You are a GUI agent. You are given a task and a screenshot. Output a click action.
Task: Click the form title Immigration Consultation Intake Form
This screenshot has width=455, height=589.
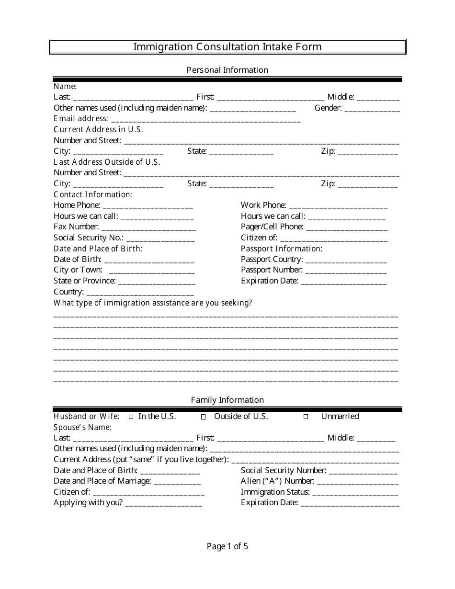coord(227,46)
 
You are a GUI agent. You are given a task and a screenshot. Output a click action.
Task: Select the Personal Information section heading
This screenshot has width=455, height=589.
coord(227,70)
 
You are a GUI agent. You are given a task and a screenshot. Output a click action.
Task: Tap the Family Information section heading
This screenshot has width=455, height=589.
coord(227,400)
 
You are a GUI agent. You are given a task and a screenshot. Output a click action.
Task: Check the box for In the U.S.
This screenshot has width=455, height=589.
coord(131,417)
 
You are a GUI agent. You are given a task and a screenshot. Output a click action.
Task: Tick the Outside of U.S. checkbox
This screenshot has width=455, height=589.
coord(203,417)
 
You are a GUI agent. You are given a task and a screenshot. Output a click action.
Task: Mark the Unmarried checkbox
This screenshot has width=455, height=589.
coord(306,417)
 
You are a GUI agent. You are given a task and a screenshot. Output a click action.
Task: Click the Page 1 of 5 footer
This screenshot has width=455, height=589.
coord(227,546)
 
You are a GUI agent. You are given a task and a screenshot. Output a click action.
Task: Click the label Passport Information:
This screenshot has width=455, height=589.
coord(282,249)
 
